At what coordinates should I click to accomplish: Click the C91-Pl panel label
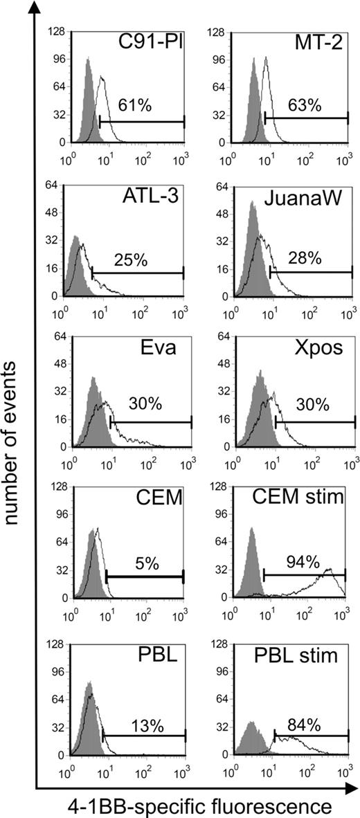(154, 44)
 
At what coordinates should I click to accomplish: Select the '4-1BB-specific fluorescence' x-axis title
(196, 805)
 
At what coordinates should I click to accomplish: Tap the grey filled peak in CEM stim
(252, 533)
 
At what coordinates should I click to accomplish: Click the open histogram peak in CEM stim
(330, 571)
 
